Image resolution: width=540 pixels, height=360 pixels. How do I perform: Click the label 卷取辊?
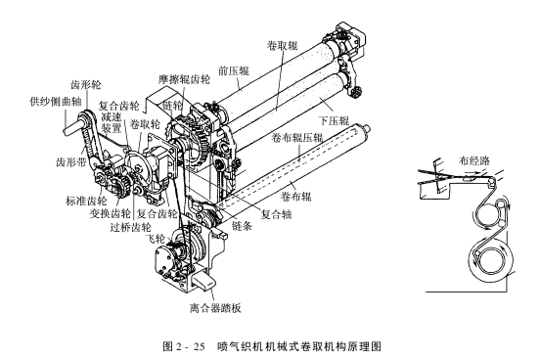coord(282,45)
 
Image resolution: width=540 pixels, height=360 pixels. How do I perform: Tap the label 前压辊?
coord(234,71)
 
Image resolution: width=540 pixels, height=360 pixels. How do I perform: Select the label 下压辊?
coord(334,120)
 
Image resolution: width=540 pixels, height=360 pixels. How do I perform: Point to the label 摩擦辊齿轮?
coord(184,79)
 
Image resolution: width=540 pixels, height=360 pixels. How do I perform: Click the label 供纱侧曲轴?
coord(56,102)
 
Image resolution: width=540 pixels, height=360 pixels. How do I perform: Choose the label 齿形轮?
coord(86,85)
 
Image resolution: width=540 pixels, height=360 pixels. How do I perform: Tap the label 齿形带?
coord(71,161)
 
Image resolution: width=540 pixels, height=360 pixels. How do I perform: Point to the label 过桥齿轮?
coord(130,227)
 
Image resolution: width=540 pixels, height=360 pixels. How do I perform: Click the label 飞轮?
coord(156,238)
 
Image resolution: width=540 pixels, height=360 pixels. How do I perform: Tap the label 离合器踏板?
coord(215,307)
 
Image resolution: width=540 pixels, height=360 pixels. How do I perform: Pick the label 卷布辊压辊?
coord(297,138)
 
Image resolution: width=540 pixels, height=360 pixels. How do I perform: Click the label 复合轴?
coord(276,214)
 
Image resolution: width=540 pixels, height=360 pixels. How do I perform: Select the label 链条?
coord(242,226)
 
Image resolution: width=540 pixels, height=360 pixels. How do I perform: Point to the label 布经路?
coord(474,160)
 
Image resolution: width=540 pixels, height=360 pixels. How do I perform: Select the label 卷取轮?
coord(145,124)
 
